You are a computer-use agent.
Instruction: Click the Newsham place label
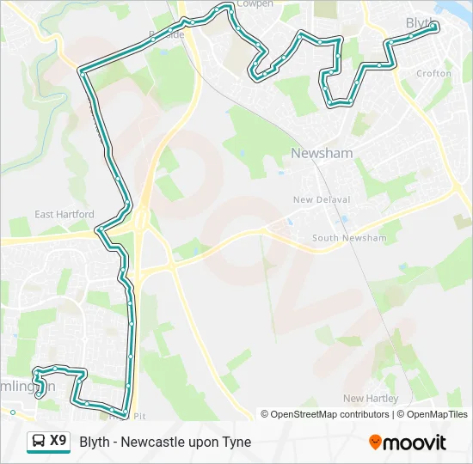click(322, 153)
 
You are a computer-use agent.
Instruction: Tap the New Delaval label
click(322, 199)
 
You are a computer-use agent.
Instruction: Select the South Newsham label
click(349, 238)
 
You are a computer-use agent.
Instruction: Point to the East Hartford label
click(64, 214)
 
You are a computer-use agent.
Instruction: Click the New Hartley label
click(371, 399)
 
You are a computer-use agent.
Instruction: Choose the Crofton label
click(433, 74)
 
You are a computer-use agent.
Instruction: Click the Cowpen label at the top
click(255, 4)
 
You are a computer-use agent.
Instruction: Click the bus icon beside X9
click(39, 442)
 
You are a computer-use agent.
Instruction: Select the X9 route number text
click(58, 442)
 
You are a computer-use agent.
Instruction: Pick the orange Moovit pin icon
click(375, 443)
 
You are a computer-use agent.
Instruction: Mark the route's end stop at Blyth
click(433, 27)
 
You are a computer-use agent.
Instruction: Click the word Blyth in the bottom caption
click(95, 443)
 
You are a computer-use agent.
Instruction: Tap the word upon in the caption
click(203, 443)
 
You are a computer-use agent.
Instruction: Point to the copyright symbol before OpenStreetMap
click(265, 414)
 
